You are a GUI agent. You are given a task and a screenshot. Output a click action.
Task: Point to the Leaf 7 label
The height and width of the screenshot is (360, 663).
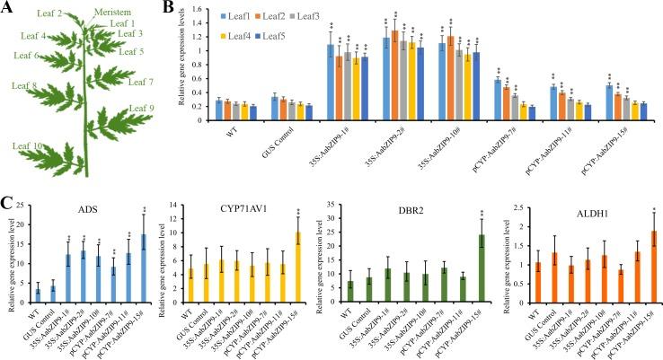click(x=142, y=83)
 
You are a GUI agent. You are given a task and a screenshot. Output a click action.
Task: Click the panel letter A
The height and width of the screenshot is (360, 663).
click(x=8, y=8)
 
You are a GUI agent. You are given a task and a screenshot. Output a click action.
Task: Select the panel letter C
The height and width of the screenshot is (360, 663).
click(x=8, y=191)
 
